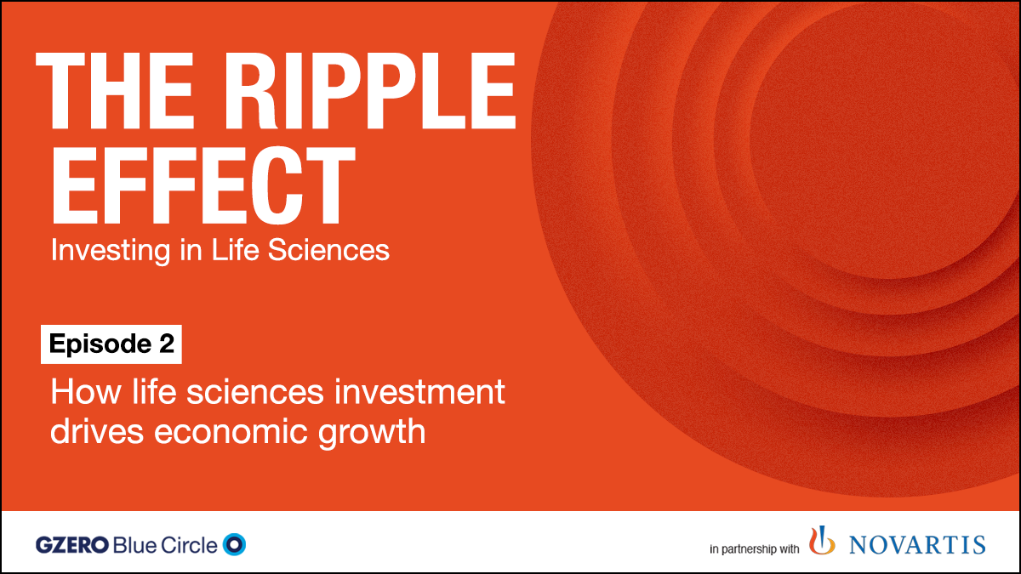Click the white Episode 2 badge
tap(111, 344)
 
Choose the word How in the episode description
tap(77, 394)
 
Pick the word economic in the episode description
tap(235, 431)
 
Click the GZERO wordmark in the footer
tap(74, 545)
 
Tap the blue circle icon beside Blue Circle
tap(234, 544)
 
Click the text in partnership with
tap(754, 549)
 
